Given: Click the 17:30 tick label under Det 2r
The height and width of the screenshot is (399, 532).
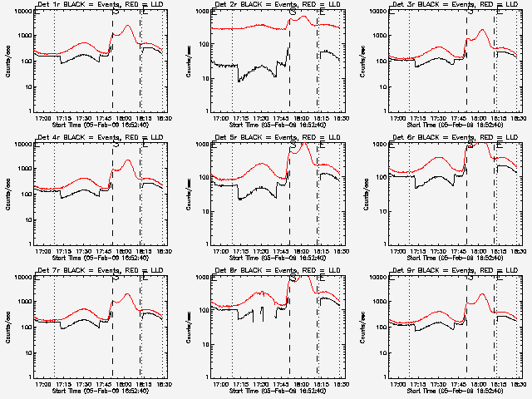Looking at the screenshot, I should tap(262, 118).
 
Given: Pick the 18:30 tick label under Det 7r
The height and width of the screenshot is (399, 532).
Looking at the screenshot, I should tap(165, 384).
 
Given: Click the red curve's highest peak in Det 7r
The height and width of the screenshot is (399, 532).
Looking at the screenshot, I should tap(128, 294).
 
